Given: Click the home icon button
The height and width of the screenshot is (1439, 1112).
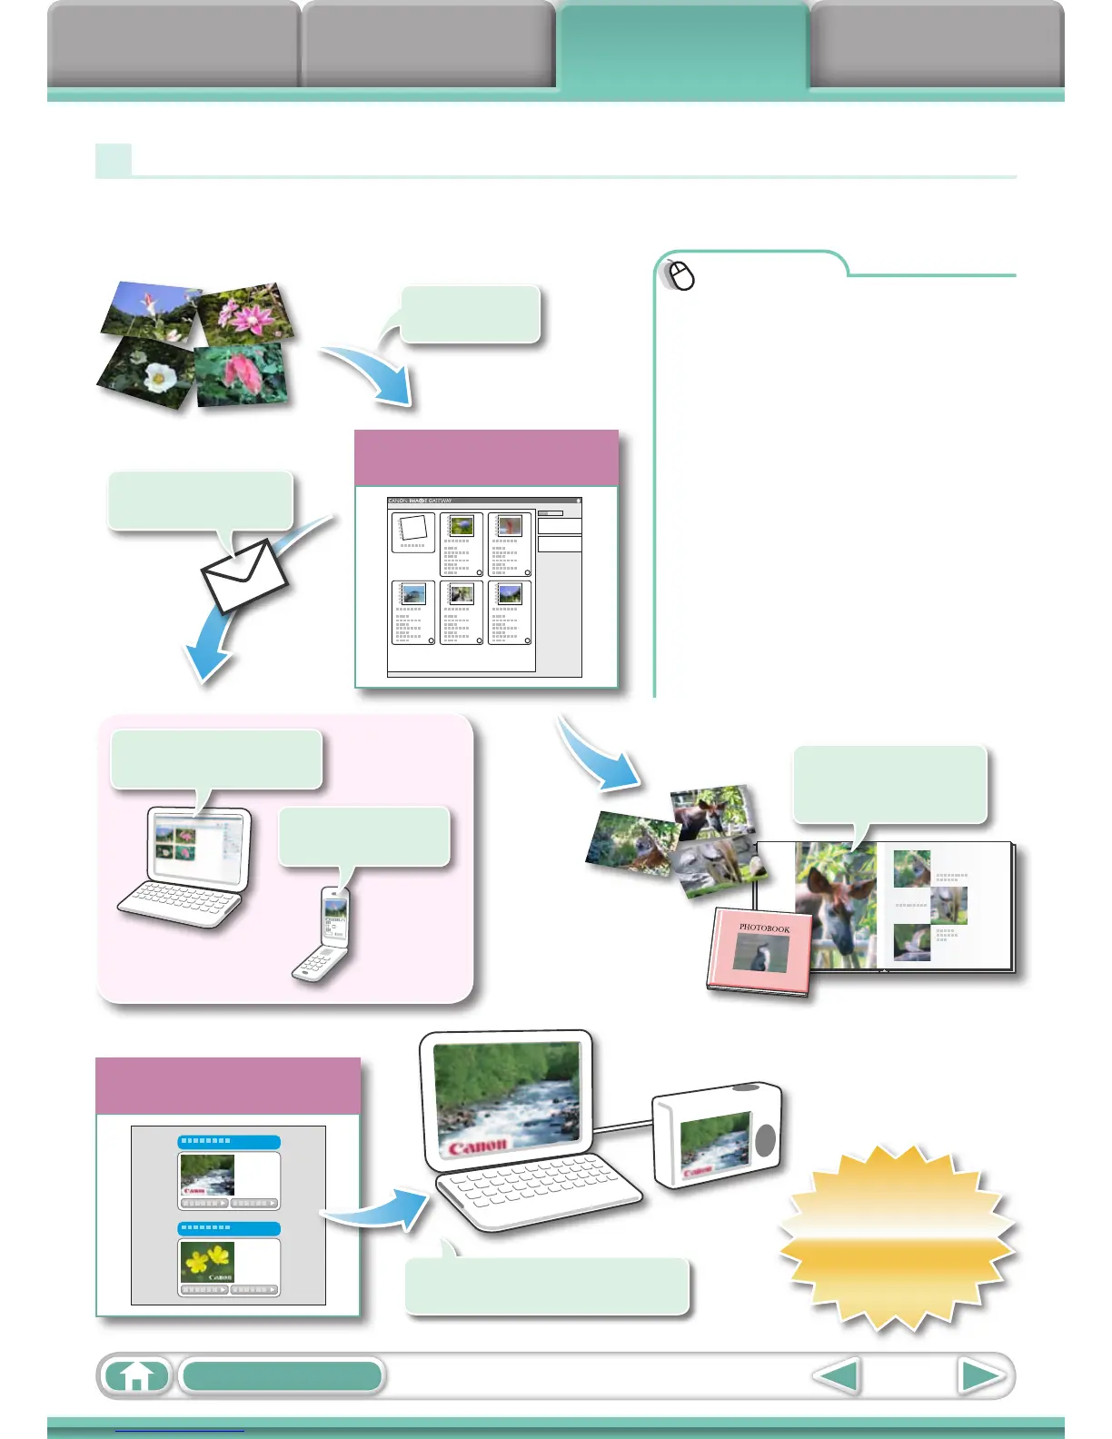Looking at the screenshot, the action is (x=136, y=1376).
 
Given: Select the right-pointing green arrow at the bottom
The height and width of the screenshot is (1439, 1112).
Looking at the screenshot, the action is (x=981, y=1376).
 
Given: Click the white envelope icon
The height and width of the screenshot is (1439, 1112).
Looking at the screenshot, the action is (x=243, y=576).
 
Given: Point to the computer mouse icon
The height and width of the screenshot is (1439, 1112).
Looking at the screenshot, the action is (x=680, y=275).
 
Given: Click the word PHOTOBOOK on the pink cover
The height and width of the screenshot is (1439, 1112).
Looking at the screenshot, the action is (x=764, y=928).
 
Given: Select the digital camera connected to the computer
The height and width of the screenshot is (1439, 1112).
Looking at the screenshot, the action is (x=718, y=1136).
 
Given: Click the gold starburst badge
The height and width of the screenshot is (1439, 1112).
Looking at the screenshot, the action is (x=897, y=1236).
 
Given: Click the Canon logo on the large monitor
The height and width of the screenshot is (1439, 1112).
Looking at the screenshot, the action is (x=476, y=1146).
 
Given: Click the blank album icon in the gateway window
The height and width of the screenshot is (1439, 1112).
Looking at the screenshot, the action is (x=413, y=531).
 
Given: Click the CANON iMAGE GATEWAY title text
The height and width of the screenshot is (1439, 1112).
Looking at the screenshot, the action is (x=420, y=501).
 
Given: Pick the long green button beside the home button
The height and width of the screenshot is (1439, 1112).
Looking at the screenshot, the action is (x=282, y=1376).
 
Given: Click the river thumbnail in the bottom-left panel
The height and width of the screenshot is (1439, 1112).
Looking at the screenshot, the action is (x=207, y=1175).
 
